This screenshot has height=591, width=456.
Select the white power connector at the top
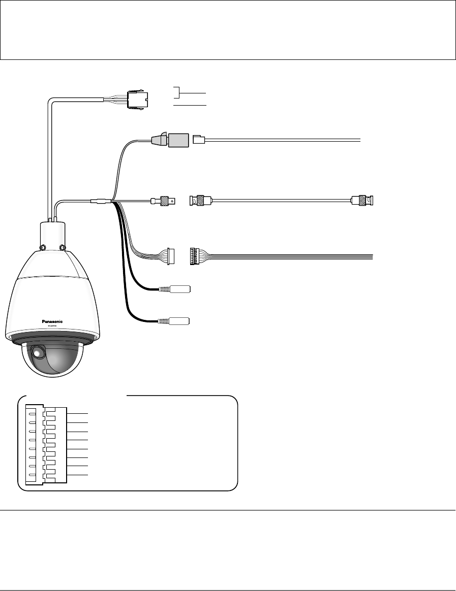[138, 100]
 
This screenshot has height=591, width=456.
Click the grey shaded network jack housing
[178, 138]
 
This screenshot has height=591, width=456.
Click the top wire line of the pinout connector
[78, 414]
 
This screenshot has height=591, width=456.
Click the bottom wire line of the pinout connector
[78, 474]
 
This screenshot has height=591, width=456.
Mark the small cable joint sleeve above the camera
[100, 201]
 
